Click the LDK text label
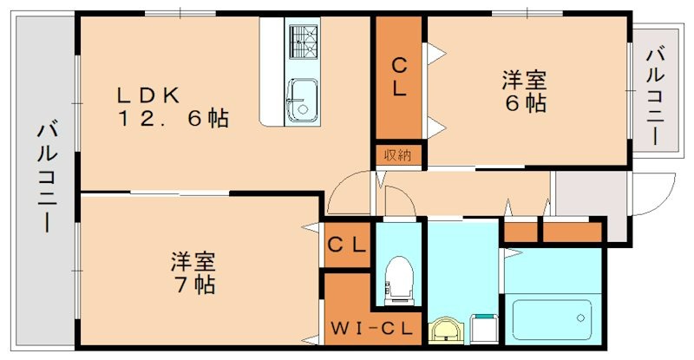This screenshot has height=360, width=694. click(x=149, y=94)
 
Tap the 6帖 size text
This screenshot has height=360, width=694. click(x=523, y=103)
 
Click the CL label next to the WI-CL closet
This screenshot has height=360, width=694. click(x=347, y=245)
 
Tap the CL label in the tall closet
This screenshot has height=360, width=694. click(x=398, y=76)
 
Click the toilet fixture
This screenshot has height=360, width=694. click(x=399, y=278)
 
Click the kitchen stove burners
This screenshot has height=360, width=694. click(x=303, y=41)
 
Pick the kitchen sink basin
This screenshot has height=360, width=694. click(x=303, y=97)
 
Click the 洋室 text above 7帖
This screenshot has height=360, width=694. click(x=193, y=260)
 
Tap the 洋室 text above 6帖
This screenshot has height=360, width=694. click(x=523, y=81)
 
